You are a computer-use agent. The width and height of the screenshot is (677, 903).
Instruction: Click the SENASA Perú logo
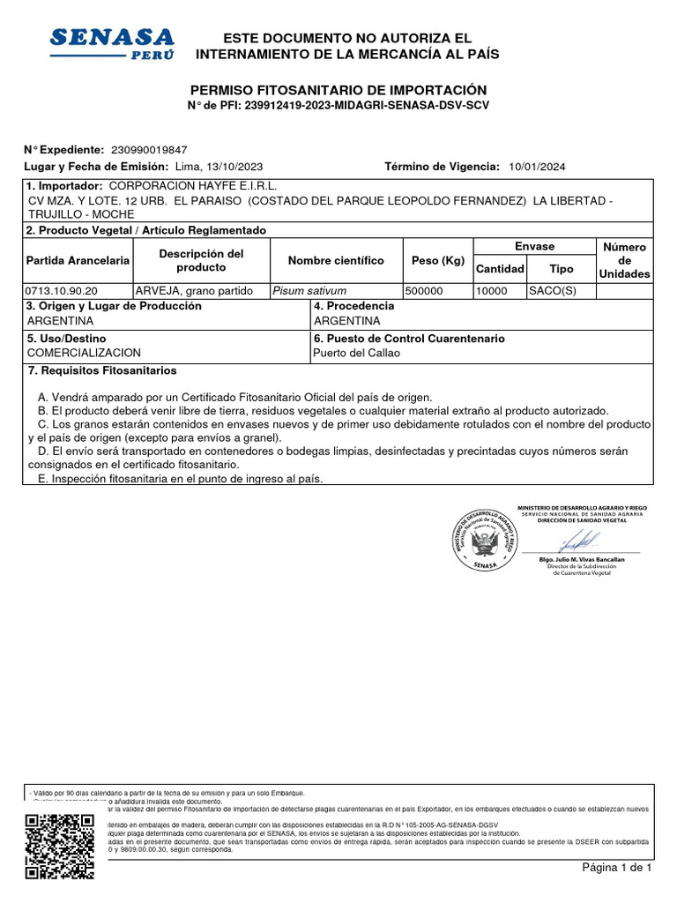(x=112, y=42)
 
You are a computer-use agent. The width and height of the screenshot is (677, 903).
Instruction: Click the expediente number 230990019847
(x=147, y=151)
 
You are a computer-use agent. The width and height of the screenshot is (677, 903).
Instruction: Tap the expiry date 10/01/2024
(x=537, y=167)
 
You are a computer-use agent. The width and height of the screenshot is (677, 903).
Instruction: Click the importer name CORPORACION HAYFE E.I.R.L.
(x=192, y=187)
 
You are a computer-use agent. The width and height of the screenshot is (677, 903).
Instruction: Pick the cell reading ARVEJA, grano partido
(x=194, y=291)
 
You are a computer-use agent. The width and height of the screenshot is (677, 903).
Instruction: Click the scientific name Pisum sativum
(x=309, y=291)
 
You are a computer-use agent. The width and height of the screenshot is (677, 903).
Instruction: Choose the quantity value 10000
(x=492, y=291)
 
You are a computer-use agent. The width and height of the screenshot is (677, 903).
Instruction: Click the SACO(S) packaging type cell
(x=552, y=291)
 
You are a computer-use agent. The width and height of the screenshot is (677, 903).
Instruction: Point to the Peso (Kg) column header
(x=437, y=261)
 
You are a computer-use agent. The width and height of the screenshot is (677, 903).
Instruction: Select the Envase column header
(x=534, y=247)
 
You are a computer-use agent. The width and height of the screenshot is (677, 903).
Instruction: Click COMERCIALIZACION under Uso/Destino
(x=84, y=354)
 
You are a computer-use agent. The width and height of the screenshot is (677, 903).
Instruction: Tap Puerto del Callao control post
(x=356, y=354)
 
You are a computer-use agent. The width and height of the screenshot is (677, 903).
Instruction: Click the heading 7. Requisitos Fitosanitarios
(x=102, y=370)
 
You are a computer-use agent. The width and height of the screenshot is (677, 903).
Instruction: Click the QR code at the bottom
(x=60, y=847)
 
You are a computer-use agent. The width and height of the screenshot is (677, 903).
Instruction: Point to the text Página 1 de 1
(x=616, y=868)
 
